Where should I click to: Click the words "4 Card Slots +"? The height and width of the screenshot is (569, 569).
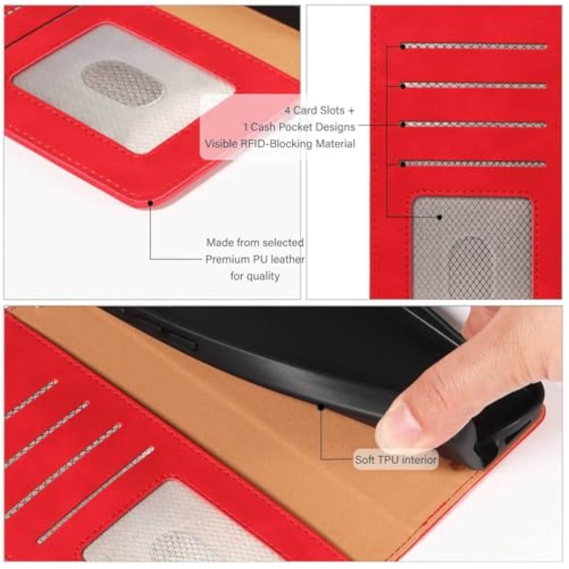tap(319, 110)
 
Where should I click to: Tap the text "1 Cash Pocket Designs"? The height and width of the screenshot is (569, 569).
tap(299, 127)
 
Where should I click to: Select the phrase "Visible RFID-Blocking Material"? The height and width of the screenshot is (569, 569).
tap(280, 144)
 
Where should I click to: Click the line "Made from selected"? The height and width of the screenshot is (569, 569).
tap(255, 242)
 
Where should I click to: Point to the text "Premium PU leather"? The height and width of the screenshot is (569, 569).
tap(255, 259)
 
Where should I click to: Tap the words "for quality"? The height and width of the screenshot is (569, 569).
tap(255, 276)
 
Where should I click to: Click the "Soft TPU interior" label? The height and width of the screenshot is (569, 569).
tap(395, 460)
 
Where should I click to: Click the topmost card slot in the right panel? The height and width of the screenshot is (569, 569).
tap(475, 46)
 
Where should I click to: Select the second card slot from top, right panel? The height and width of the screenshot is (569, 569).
tap(474, 86)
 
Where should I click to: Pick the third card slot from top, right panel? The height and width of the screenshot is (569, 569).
tap(474, 125)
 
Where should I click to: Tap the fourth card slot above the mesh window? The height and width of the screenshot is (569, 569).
tap(473, 164)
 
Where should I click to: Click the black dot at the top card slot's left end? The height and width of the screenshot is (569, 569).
tap(403, 46)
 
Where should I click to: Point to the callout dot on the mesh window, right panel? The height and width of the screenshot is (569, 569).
tap(439, 217)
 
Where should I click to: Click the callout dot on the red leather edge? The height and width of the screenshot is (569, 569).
tap(150, 203)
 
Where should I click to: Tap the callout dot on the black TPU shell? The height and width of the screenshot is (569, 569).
tap(321, 407)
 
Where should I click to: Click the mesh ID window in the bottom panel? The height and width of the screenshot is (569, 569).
tap(182, 526)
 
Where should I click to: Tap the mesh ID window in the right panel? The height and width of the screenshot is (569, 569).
tap(472, 248)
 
